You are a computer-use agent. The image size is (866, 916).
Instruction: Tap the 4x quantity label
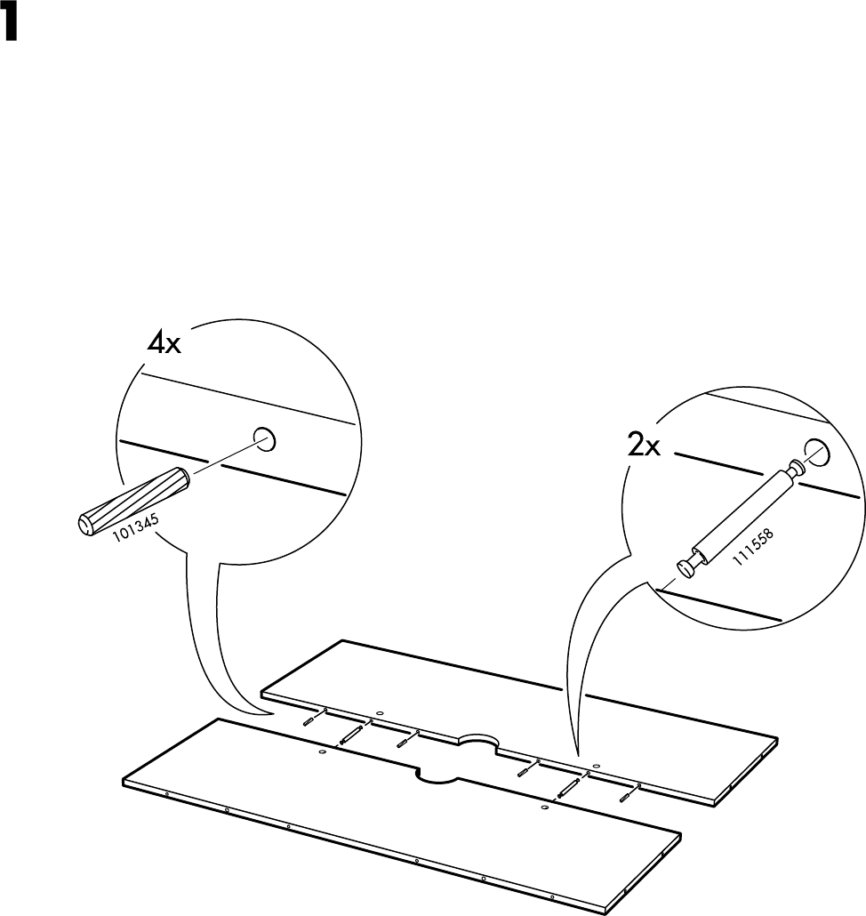click(x=163, y=343)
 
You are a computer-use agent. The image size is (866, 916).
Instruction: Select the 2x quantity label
click(x=641, y=447)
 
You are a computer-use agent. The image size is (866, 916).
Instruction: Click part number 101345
click(x=136, y=528)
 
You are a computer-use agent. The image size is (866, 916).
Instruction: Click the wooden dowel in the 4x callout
click(x=132, y=501)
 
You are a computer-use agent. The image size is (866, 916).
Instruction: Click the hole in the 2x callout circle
click(x=816, y=450)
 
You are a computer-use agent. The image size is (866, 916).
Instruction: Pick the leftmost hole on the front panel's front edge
click(x=165, y=793)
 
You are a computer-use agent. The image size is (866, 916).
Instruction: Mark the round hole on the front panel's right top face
click(x=544, y=808)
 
